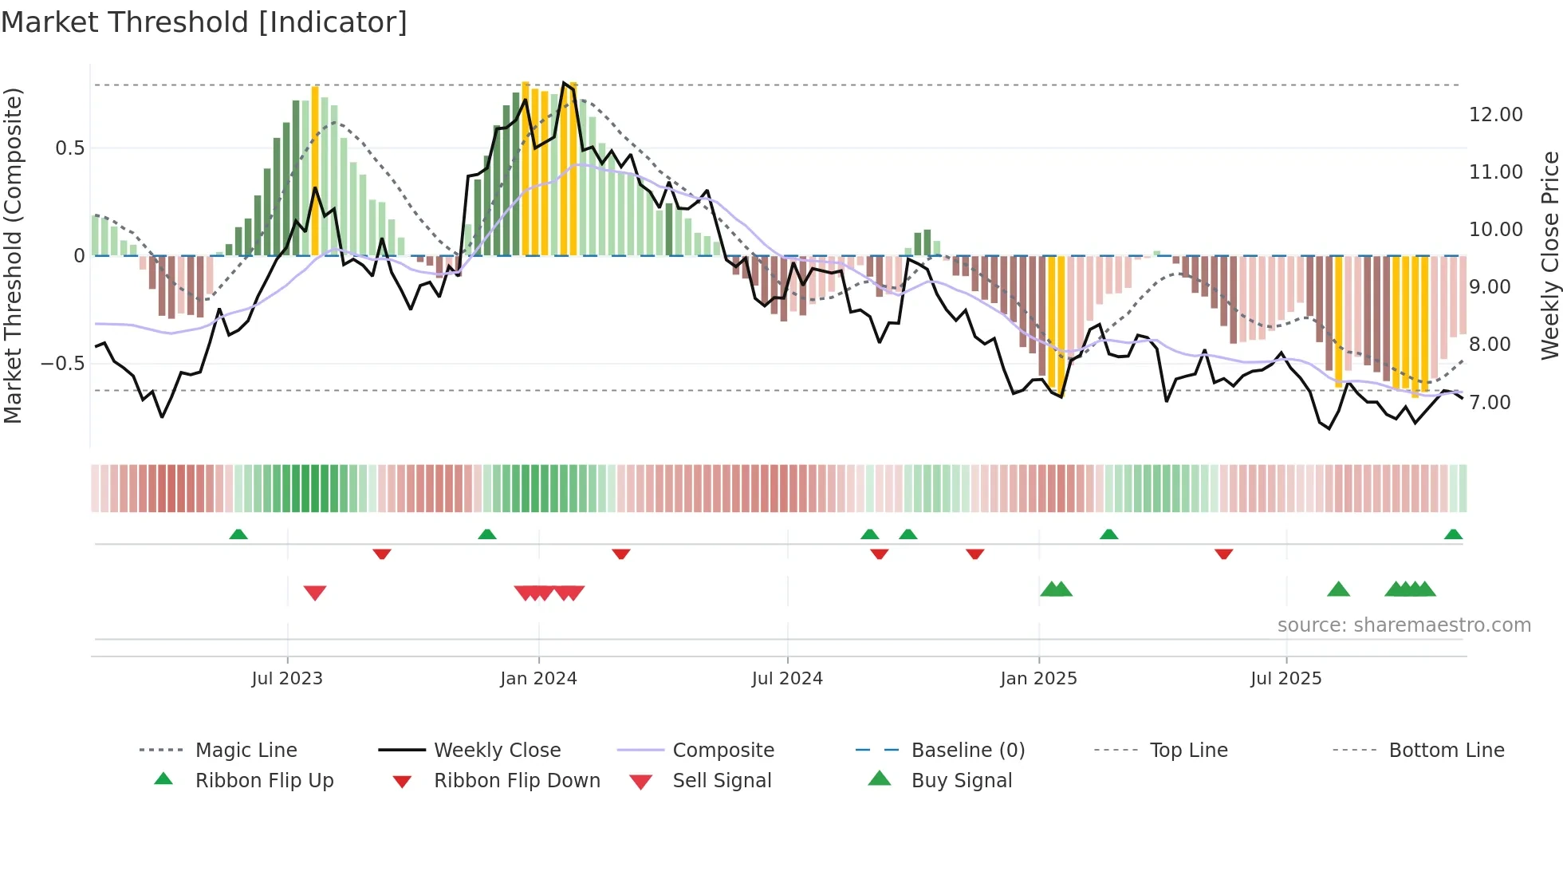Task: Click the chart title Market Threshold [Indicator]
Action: [x=204, y=22]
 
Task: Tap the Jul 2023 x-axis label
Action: [x=287, y=679]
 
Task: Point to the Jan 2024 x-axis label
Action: [x=538, y=679]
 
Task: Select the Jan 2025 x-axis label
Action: [x=1038, y=679]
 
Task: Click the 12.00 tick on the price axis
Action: [x=1495, y=115]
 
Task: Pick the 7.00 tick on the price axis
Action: [x=1490, y=403]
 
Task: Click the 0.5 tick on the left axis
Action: [x=69, y=148]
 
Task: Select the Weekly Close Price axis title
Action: [x=1549, y=255]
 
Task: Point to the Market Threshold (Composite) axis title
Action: [x=13, y=255]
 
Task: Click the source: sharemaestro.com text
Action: [x=1404, y=625]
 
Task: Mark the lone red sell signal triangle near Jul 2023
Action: [x=315, y=593]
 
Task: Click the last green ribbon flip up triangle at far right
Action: [x=1453, y=534]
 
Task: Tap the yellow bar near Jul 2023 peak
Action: [x=315, y=171]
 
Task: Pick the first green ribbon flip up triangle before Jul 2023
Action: [x=238, y=534]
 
